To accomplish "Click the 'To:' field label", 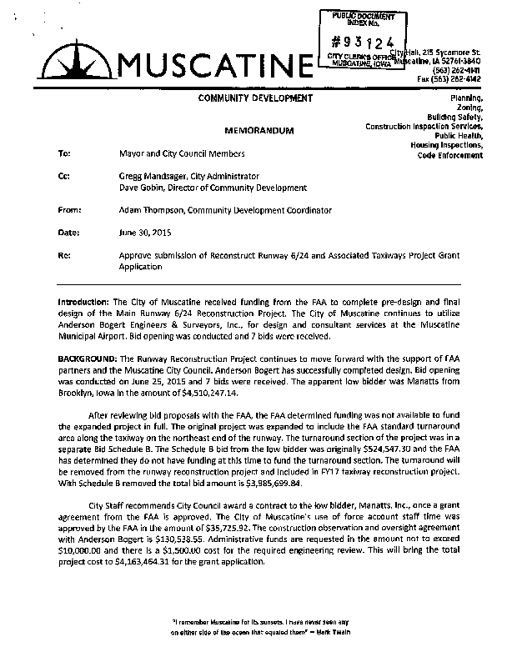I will pos(63,154).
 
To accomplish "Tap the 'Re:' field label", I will pos(63,255).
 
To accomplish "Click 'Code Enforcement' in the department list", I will pos(451,155).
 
